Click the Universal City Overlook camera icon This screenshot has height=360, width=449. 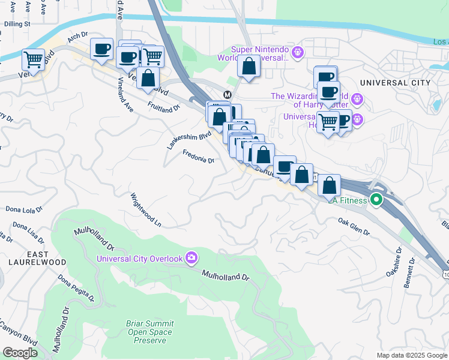(191, 258)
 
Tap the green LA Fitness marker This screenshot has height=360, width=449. (376, 200)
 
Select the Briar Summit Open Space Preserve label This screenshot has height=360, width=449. (149, 332)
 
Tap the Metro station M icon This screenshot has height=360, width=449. (228, 95)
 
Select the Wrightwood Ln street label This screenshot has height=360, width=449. (146, 209)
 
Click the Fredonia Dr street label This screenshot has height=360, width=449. (199, 157)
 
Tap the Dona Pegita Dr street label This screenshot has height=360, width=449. (76, 288)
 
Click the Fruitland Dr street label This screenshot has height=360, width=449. (164, 106)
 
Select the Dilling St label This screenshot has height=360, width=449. (17, 24)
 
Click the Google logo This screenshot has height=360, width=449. (20, 353)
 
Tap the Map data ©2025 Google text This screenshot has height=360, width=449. (411, 355)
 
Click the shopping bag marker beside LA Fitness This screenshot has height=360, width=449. (329, 185)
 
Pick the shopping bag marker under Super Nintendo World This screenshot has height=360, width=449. (249, 67)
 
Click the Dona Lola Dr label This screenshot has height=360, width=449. (23, 210)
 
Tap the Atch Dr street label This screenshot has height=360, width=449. (77, 38)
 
